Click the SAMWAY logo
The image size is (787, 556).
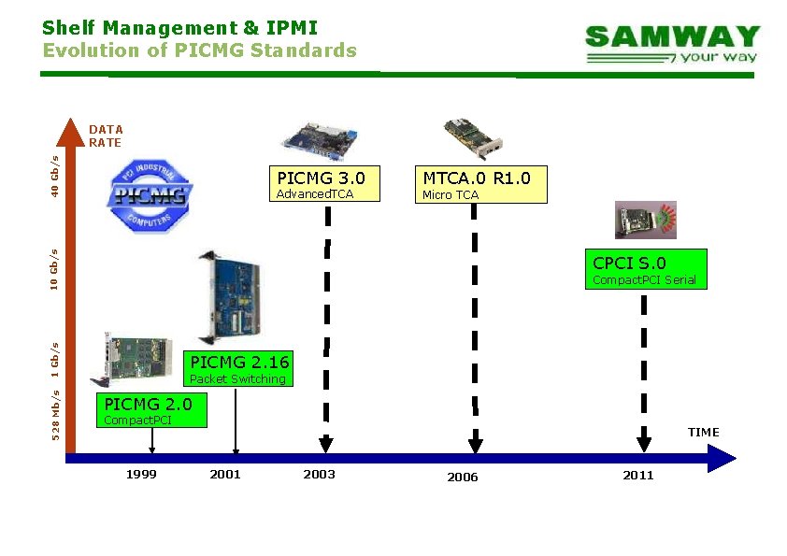672,44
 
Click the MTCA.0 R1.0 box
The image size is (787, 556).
477,184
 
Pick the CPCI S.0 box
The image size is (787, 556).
645,269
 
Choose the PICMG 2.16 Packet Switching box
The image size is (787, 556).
238,368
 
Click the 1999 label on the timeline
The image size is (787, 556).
141,475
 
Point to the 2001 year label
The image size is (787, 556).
225,475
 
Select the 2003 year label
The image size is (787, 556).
319,475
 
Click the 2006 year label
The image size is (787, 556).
462,478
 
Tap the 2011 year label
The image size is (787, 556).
638,476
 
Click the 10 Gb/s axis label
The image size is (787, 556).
56,268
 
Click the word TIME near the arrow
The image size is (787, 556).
704,432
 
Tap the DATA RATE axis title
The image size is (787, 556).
106,135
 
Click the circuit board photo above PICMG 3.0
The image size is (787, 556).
320,137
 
